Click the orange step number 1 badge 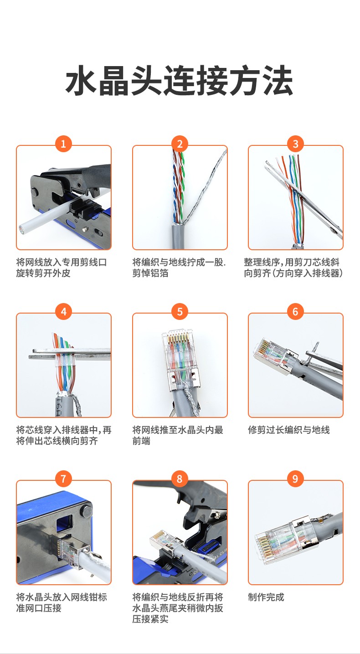63,144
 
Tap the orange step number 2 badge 180,144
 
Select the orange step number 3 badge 295,144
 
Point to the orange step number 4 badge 63,312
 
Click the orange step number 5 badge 180,312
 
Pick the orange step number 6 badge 295,312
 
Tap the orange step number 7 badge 63,479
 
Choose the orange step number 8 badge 180,479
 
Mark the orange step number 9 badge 295,479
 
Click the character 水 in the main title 81,80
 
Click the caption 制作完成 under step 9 266,597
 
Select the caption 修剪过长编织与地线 289,430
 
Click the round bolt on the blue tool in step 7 87,511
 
